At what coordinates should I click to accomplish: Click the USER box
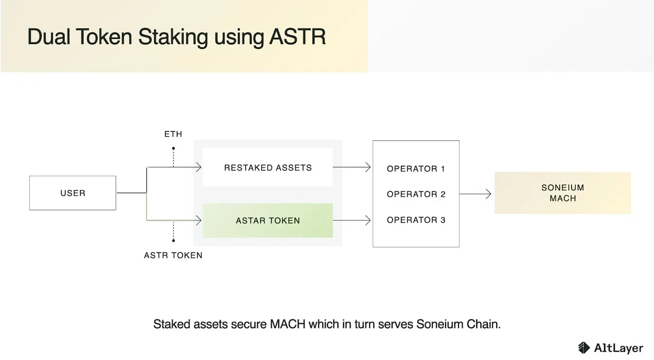73,193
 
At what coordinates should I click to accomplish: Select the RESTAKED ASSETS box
268,168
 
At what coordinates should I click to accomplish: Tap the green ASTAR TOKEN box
268,221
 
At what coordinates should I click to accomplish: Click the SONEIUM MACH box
563,193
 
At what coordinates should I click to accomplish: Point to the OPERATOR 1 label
416,169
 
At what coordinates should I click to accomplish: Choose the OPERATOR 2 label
416,194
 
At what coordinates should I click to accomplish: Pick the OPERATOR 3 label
416,220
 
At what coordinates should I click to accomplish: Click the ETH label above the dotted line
173,135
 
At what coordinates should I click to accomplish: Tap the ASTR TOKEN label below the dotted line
173,255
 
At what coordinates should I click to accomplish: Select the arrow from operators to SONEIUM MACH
475,194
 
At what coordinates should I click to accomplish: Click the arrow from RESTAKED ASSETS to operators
352,167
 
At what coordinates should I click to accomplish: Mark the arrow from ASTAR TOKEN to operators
352,220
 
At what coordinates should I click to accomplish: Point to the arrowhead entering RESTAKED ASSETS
199,167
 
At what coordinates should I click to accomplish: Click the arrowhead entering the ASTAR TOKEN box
199,220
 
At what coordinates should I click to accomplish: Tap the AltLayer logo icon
584,348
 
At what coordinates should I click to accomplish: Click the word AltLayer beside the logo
618,348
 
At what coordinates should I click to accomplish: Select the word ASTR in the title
297,37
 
